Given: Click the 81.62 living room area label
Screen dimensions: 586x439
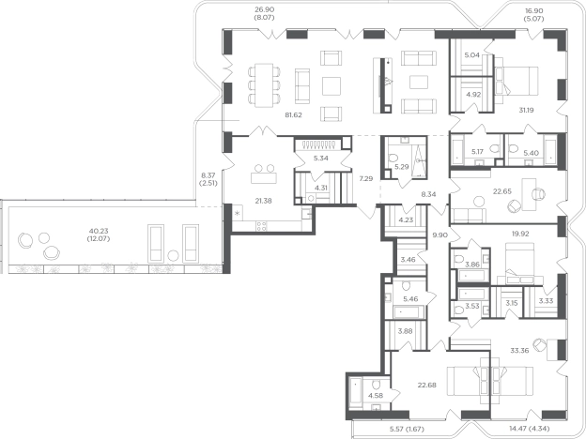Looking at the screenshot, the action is pos(293,115).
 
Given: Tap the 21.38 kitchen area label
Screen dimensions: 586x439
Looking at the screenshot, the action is pos(264,201).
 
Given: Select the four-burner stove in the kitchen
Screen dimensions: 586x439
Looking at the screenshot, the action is pos(261,226).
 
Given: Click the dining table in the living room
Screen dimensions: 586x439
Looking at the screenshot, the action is pos(264,85).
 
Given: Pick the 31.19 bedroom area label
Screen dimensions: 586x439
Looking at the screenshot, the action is pos(526,110).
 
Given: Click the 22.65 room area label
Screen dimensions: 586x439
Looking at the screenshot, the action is pos(501,191).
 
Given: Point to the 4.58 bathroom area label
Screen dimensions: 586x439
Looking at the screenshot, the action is pos(376,396).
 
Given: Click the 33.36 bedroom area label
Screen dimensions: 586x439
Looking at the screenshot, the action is pos(519,351).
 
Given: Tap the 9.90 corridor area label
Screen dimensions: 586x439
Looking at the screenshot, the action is pos(439,235).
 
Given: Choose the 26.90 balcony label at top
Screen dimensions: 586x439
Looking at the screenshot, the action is pos(264,11).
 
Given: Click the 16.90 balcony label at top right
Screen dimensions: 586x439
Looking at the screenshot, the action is pos(534,11).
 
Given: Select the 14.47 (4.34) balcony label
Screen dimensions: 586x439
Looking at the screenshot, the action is pos(530,429).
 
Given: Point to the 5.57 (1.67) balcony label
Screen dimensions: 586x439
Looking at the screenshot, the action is pos(407,429).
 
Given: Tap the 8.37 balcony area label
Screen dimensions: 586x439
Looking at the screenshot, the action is pos(208,175).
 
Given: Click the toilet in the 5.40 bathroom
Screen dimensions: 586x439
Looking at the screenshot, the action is pos(513,149).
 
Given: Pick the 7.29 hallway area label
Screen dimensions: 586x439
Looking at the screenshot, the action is pos(366,179).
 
